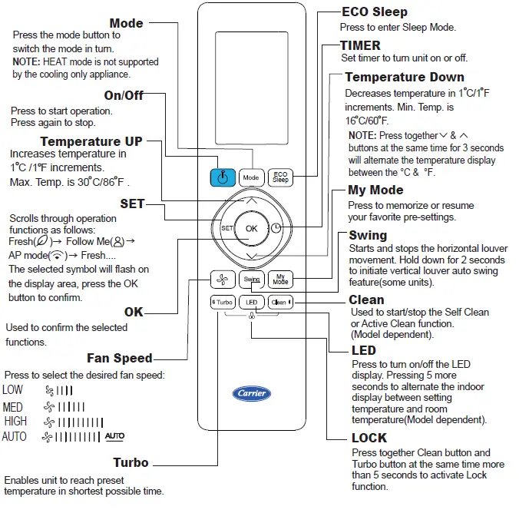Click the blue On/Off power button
coord(222,177)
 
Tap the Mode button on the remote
coord(251,177)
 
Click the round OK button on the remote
coord(251,228)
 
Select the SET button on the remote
coord(226,228)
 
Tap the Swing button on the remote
coord(251,280)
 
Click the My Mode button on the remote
coord(281,280)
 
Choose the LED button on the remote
coord(251,303)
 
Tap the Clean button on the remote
coord(281,303)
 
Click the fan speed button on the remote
coord(222,280)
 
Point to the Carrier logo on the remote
coord(251,393)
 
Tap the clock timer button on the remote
coord(276,228)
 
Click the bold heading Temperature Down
coord(404,77)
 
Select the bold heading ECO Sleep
coord(374,12)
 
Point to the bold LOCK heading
coord(369,438)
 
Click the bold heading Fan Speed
coord(119,358)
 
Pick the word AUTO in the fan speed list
coord(15,437)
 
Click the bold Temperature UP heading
coord(91,141)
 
